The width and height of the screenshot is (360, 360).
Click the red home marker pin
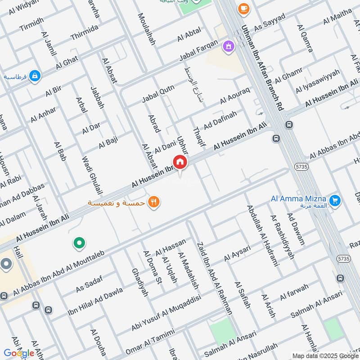pyautogui.click(x=180, y=162)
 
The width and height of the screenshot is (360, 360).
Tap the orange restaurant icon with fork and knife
pyautogui.click(x=154, y=202)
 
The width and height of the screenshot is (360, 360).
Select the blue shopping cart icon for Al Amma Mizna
pyautogui.click(x=334, y=201)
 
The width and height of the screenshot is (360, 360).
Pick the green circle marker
pyautogui.click(x=79, y=243)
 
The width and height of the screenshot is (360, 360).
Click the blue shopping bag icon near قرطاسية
pyautogui.click(x=35, y=76)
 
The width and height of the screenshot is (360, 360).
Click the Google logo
pyautogui.click(x=19, y=353)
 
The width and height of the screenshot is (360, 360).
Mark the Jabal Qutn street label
pyautogui.click(x=158, y=93)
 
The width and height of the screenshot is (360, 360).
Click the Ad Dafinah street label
pyautogui.click(x=220, y=120)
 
